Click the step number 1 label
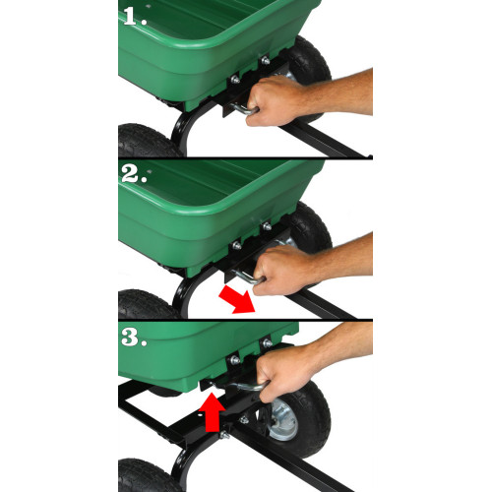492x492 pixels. [x=135, y=17]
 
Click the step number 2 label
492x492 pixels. [x=134, y=174]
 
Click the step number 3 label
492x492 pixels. [x=134, y=337]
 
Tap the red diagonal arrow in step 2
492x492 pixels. [x=237, y=300]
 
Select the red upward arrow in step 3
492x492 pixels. [x=212, y=412]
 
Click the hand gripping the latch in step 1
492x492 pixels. [x=276, y=100]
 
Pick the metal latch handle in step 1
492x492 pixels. [x=243, y=108]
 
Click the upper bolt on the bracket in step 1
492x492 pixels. [x=265, y=60]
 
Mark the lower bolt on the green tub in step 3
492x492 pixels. [x=235, y=360]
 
